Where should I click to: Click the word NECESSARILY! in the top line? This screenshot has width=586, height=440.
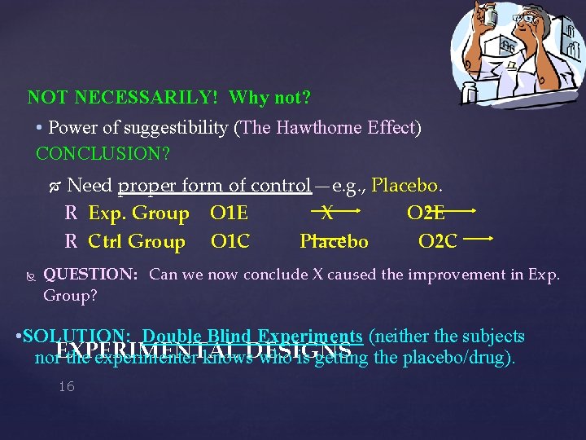tap(146, 98)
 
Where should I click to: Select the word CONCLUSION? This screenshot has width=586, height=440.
tap(103, 153)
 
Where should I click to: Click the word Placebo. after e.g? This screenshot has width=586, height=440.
tap(407, 186)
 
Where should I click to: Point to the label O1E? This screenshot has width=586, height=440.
tap(229, 213)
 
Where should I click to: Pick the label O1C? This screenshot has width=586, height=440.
tap(230, 241)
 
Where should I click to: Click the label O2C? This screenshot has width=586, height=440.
tap(437, 241)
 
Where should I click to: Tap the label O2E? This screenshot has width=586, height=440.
tap(426, 213)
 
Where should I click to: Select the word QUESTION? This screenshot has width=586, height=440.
tap(90, 275)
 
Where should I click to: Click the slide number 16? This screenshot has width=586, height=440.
tap(67, 386)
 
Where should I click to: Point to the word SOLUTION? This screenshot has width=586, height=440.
tap(77, 337)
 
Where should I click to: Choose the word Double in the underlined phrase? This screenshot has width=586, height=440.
tap(172, 337)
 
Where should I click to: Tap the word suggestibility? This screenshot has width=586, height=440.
tap(172, 128)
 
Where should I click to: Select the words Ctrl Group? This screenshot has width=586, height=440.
tap(137, 241)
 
